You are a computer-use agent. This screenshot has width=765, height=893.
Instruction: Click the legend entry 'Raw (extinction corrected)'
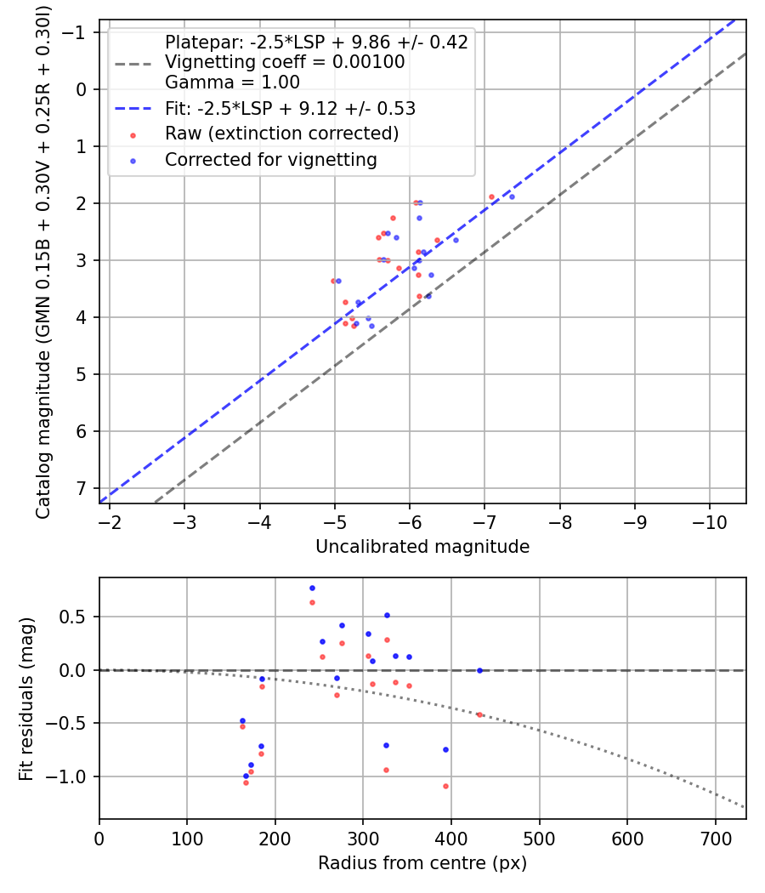pyautogui.click(x=281, y=134)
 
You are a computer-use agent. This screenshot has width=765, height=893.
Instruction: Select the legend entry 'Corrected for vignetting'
pyautogui.click(x=271, y=159)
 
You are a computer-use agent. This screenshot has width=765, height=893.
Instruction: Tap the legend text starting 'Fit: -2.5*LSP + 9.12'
pyautogui.click(x=290, y=108)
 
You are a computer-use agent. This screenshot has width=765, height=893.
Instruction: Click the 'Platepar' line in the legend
pyautogui.click(x=316, y=42)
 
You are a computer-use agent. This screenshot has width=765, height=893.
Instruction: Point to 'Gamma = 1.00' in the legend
pyautogui.click(x=232, y=82)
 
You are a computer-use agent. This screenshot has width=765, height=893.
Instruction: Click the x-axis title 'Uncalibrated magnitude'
pyautogui.click(x=422, y=547)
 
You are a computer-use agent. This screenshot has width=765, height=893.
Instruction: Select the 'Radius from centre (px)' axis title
pyautogui.click(x=422, y=863)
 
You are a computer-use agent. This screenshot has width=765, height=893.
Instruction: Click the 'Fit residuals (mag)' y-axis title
pyautogui.click(x=26, y=698)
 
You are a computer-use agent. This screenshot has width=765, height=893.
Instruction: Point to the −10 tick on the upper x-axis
pyautogui.click(x=710, y=520)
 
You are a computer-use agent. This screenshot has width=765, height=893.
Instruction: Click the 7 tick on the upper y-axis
pyautogui.click(x=81, y=488)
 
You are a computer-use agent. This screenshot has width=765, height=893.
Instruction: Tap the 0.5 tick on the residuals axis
pyautogui.click(x=77, y=617)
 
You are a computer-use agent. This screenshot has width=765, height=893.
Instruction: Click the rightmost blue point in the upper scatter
pyautogui.click(x=512, y=196)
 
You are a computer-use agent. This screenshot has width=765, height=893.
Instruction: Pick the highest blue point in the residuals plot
pyautogui.click(x=312, y=588)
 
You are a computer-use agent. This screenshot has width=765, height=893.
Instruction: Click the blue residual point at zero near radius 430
pyautogui.click(x=479, y=670)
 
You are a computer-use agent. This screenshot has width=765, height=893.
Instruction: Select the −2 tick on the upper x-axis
pyautogui.click(x=110, y=520)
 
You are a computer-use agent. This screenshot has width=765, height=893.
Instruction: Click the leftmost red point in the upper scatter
pyautogui.click(x=333, y=281)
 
